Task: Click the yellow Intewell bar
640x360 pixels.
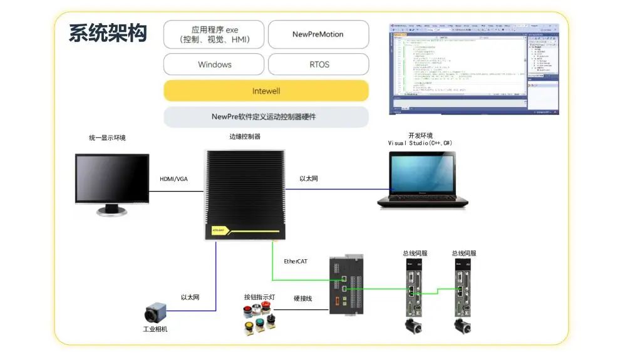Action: pos(266,91)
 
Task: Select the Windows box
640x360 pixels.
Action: pos(214,64)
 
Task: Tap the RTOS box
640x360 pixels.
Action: pos(318,64)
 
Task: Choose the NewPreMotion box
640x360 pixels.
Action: pos(318,34)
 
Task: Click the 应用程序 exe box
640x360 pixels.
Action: pos(214,34)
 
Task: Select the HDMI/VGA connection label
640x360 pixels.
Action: pos(173,179)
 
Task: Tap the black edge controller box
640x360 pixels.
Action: pos(245,194)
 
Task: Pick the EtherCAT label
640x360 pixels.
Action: pos(296,261)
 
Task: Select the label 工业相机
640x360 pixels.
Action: pos(155,329)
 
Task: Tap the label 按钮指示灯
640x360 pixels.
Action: pos(259,297)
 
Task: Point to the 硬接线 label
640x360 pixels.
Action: pos(302,299)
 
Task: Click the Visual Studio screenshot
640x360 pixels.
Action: pos(473,68)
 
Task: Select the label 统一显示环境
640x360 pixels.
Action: pos(107,138)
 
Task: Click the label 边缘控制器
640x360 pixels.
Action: pos(244,136)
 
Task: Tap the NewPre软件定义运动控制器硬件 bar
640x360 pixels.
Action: pos(266,117)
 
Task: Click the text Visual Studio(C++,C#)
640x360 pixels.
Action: pos(420,143)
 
